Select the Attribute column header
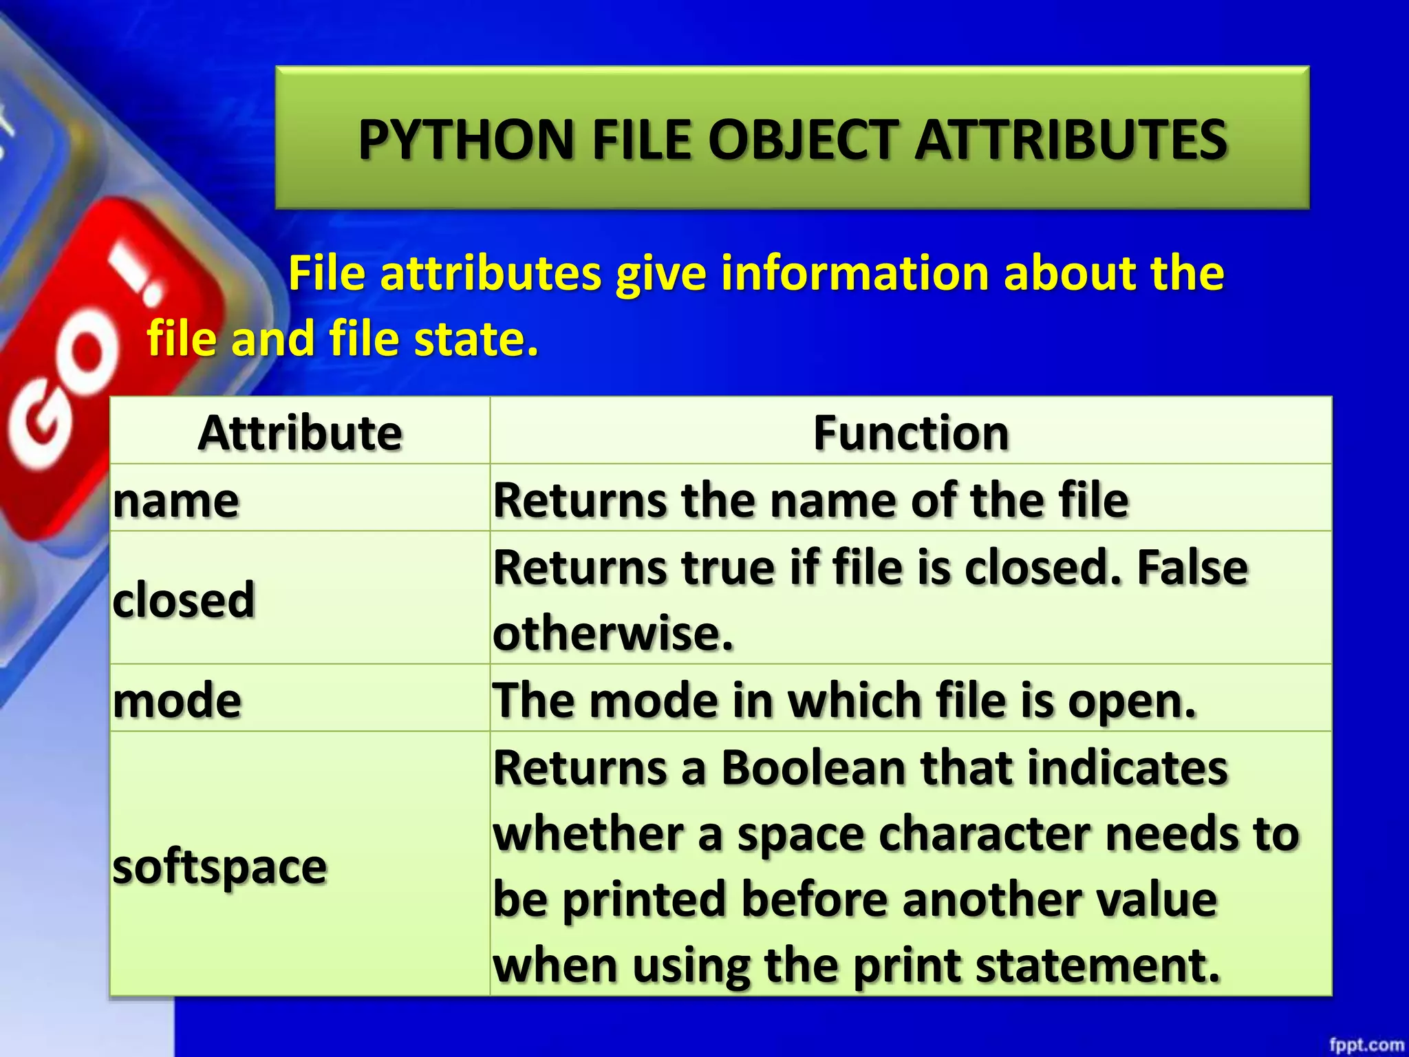pos(300,433)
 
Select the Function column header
pos(911,433)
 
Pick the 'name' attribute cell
pos(176,500)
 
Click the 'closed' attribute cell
pos(184,599)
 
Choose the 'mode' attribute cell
pos(178,701)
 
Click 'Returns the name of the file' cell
pos(810,500)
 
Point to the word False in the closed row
pos(1192,568)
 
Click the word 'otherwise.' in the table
pos(613,633)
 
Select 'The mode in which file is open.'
pos(844,701)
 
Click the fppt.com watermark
pos(1366,1045)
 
